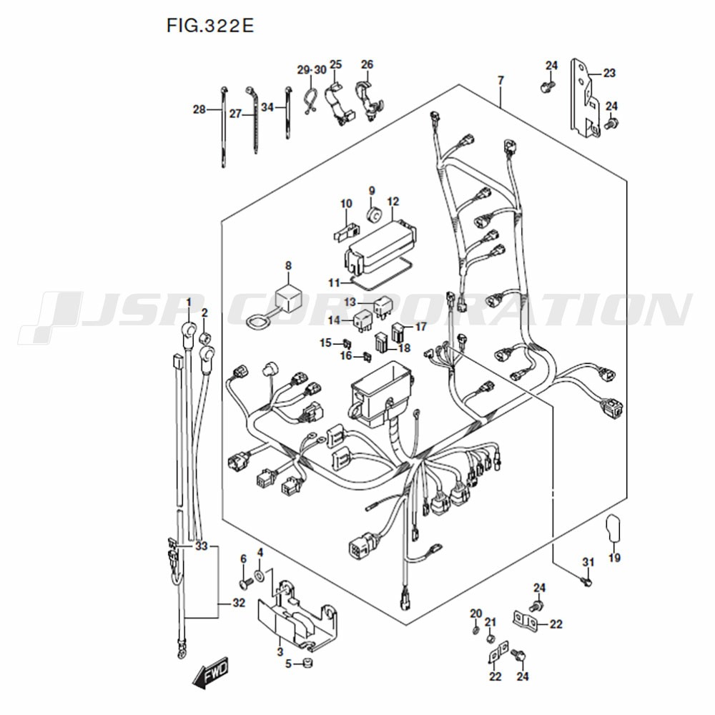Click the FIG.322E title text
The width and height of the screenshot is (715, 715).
pyautogui.click(x=209, y=26)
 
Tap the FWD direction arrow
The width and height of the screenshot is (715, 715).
pyautogui.click(x=210, y=673)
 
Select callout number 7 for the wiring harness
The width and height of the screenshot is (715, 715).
pyautogui.click(x=500, y=81)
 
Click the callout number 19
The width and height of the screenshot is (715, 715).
pyautogui.click(x=614, y=557)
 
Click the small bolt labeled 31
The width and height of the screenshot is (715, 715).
pyautogui.click(x=586, y=581)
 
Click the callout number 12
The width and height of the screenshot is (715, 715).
pyautogui.click(x=393, y=201)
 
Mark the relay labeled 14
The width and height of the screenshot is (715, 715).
pyautogui.click(x=363, y=320)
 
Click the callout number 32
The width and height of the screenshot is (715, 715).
pyautogui.click(x=239, y=603)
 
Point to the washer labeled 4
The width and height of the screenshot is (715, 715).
pyautogui.click(x=260, y=576)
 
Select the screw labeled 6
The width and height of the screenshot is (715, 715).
pyautogui.click(x=246, y=582)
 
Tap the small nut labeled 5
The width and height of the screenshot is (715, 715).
pyautogui.click(x=307, y=663)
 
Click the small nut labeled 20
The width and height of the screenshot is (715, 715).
pyautogui.click(x=475, y=631)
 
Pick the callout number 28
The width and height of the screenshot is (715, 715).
pyautogui.click(x=199, y=109)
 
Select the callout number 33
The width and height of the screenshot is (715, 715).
pyautogui.click(x=201, y=546)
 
